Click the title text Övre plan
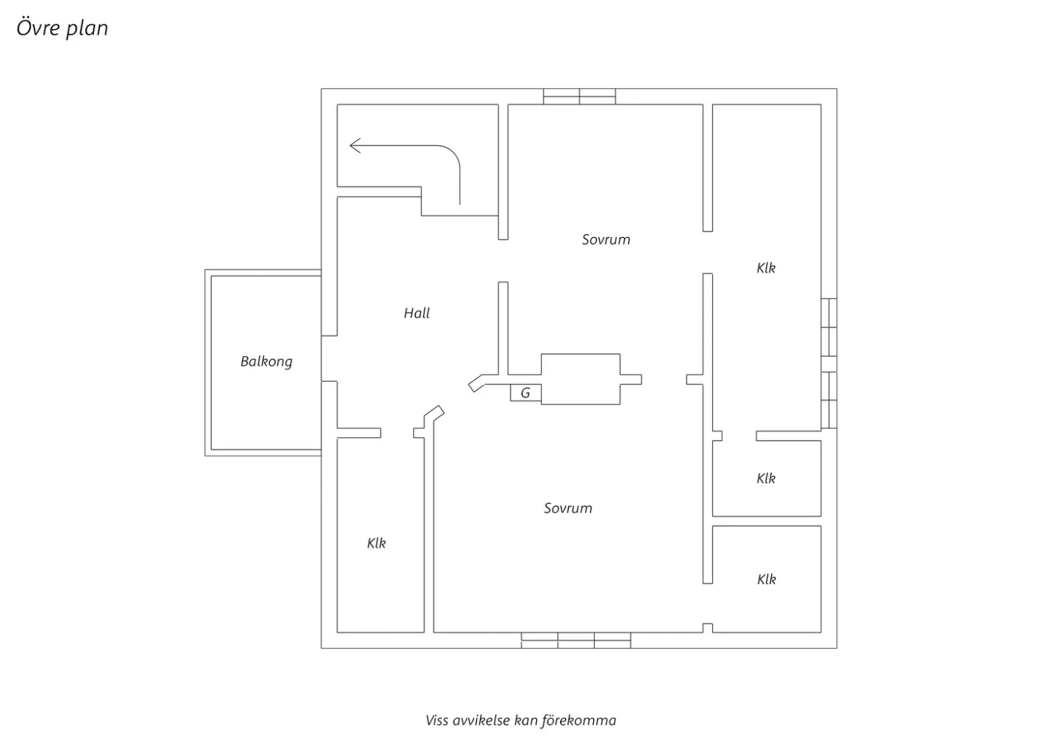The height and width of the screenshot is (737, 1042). pos(63,28)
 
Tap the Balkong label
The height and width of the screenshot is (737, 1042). pos(267,362)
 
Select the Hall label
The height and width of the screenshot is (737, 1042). pos(417,313)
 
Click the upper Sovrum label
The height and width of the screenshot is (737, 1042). pos(606,240)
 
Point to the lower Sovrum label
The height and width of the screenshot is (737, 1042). pos(568,508)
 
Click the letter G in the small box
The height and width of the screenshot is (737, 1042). pos(526,393)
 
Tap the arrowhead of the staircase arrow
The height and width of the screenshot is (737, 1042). pos(355,146)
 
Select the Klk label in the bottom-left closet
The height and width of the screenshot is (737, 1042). pos(377,543)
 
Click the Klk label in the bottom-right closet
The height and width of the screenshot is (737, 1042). pos(767,579)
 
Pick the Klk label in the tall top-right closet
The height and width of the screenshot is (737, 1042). pos(766,268)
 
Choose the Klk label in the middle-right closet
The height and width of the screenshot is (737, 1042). pos(766,478)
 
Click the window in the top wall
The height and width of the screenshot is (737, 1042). pos(579,97)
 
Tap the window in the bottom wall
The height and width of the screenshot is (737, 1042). pos(576,640)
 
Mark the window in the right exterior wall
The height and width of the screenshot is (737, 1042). pos(829,363)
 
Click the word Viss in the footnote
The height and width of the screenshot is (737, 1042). pos(437,721)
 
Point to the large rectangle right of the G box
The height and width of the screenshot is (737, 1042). pos(581,379)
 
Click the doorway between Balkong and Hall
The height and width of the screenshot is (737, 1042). pos(329,359)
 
